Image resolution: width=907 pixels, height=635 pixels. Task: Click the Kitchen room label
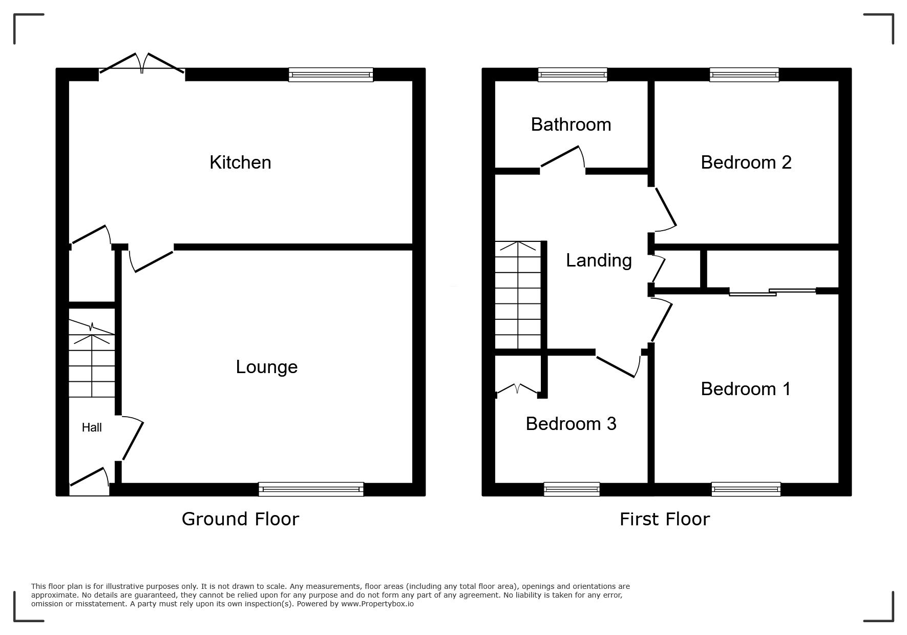(240, 162)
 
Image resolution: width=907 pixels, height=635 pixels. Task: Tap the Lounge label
(266, 367)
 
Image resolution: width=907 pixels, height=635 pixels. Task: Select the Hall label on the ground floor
(92, 427)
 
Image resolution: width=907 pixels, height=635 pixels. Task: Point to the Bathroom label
(571, 125)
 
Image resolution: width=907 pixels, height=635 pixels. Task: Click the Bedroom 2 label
(746, 162)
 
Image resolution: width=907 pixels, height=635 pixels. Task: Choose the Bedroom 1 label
(746, 389)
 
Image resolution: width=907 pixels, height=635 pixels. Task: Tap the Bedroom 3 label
(571, 424)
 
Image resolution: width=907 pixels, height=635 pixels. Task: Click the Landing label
(599, 261)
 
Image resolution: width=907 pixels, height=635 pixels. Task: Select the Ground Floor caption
(240, 519)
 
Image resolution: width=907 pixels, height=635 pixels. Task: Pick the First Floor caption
(665, 519)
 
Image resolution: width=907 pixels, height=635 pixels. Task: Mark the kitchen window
(331, 75)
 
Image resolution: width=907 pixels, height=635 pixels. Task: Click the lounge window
(311, 489)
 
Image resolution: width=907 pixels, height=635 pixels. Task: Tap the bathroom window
(573, 75)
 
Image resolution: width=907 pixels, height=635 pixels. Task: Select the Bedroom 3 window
(572, 489)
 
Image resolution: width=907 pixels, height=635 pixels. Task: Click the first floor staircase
(518, 295)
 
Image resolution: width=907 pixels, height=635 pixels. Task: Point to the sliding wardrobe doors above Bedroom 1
(772, 292)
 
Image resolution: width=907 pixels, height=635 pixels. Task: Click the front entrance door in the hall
(89, 476)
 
